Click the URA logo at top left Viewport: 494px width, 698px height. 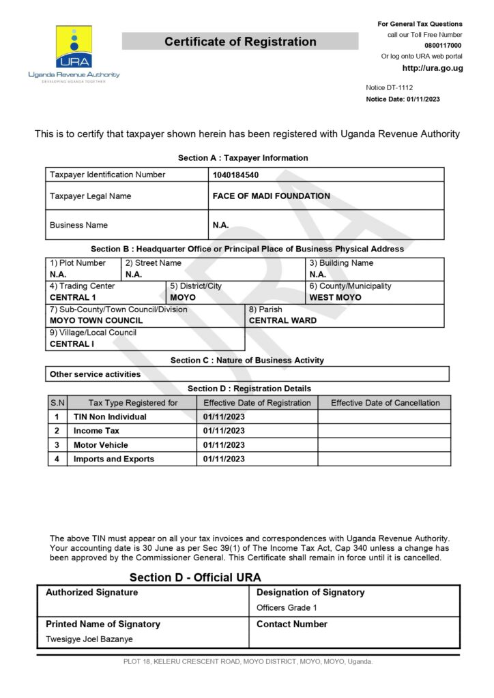click(74, 53)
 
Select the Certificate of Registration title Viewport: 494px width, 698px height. click(240, 42)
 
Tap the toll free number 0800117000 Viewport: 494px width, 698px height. click(444, 45)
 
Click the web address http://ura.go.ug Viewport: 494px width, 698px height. click(433, 68)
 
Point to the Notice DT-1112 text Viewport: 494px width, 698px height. click(390, 87)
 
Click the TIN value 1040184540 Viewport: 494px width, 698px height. click(236, 174)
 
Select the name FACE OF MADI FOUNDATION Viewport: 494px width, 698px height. click(272, 196)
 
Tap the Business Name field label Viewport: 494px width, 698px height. click(78, 225)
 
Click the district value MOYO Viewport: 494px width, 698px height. click(183, 298)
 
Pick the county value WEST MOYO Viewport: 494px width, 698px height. click(335, 298)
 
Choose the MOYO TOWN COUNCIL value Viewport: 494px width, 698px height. click(96, 320)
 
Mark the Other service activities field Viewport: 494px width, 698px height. click(95, 374)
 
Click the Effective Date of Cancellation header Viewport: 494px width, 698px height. click(385, 403)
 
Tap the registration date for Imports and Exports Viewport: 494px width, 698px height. click(224, 459)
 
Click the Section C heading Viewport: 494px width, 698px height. click(247, 360)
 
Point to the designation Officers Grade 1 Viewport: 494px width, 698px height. click(287, 607)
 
